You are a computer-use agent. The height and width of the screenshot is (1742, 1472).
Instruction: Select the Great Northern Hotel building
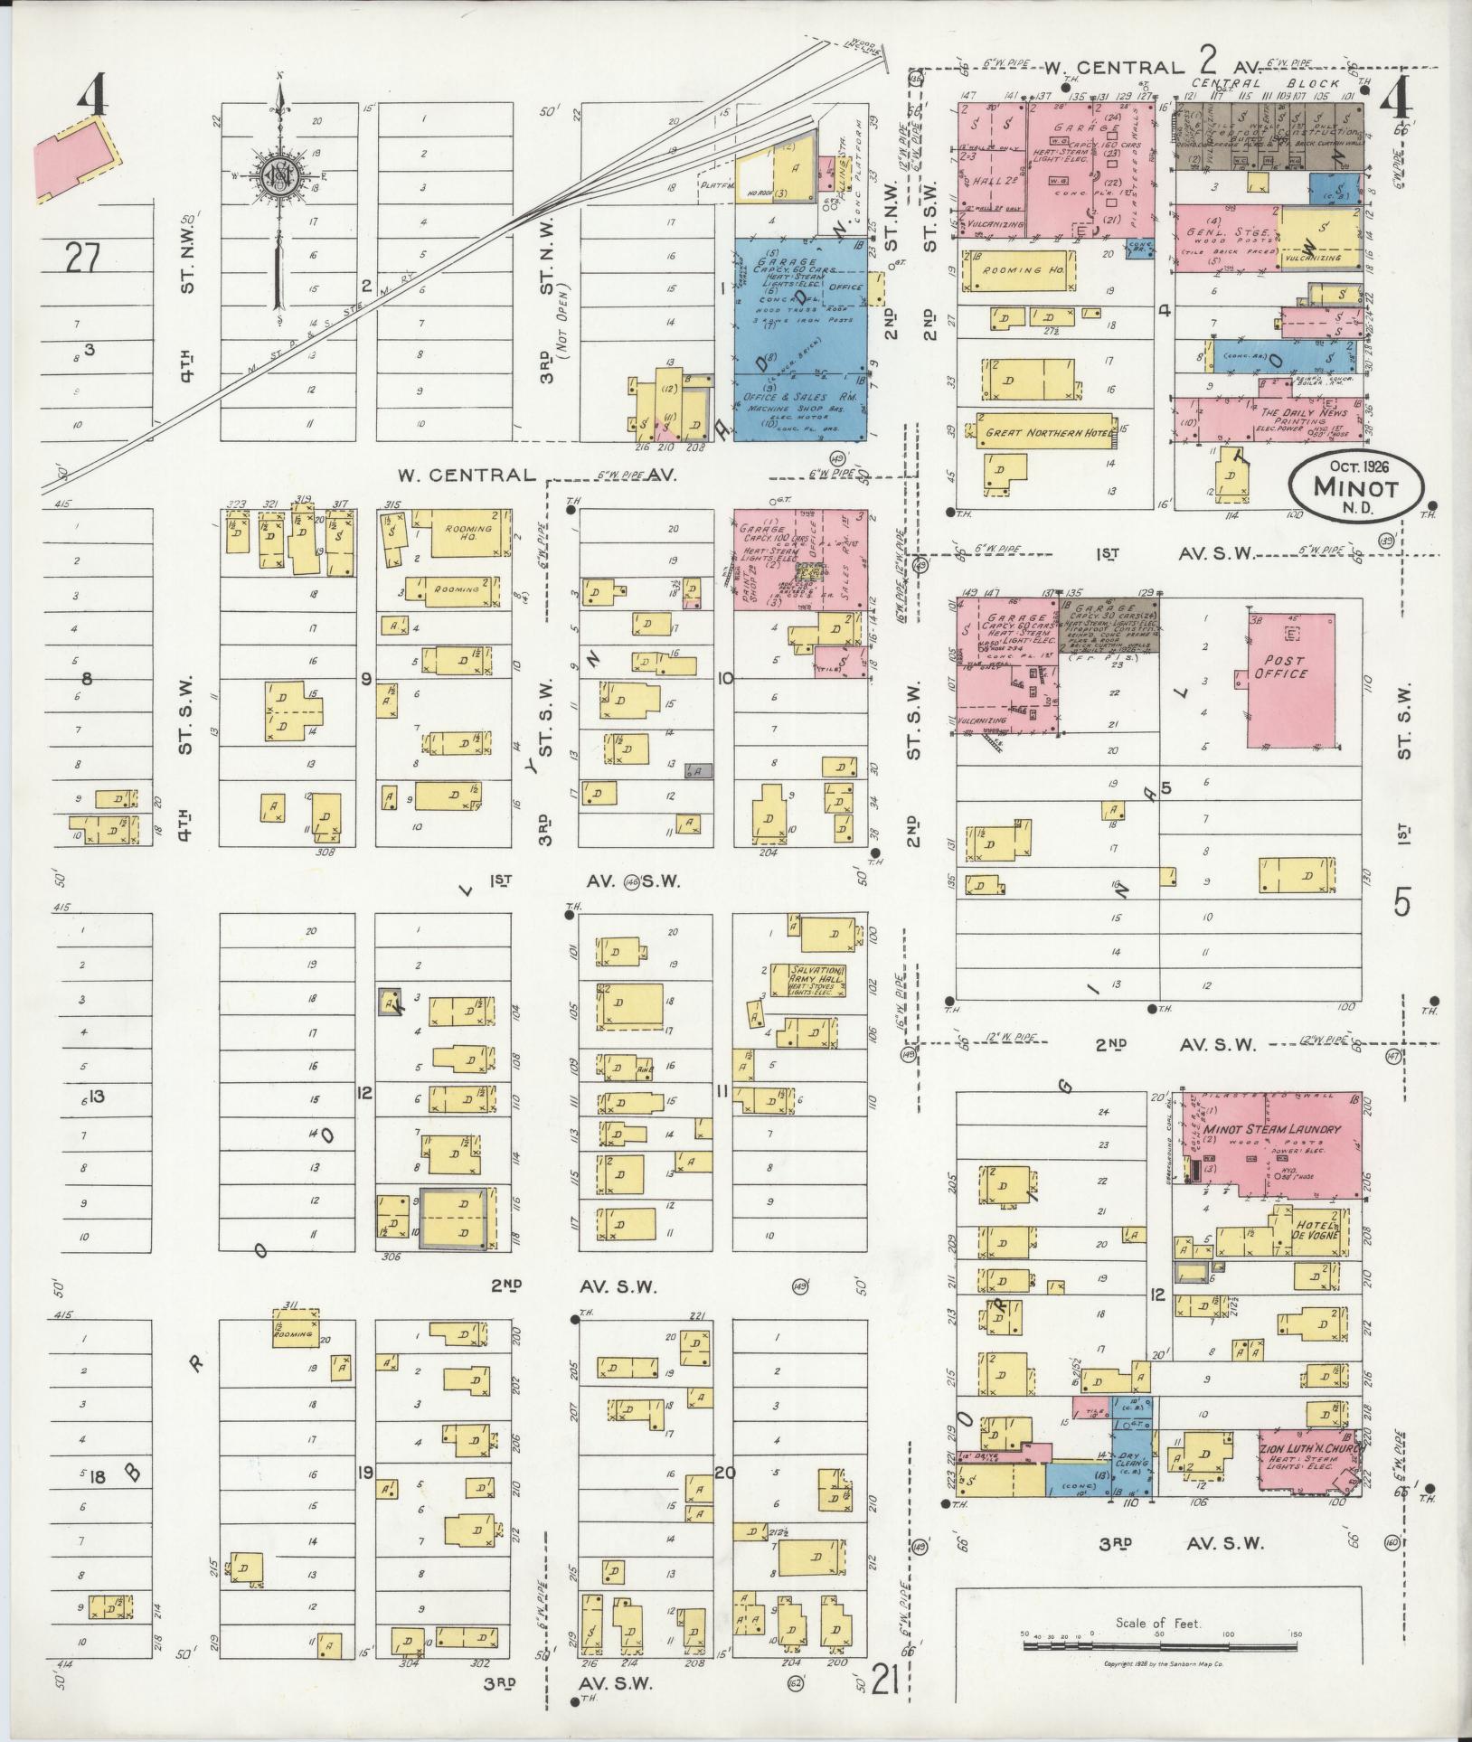point(1047,433)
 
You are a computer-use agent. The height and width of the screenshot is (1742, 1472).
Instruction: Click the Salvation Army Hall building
point(808,980)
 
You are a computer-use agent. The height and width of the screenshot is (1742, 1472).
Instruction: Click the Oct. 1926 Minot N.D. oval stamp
point(1355,485)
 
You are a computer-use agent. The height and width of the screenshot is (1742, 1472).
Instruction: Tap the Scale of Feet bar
point(1158,1646)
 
